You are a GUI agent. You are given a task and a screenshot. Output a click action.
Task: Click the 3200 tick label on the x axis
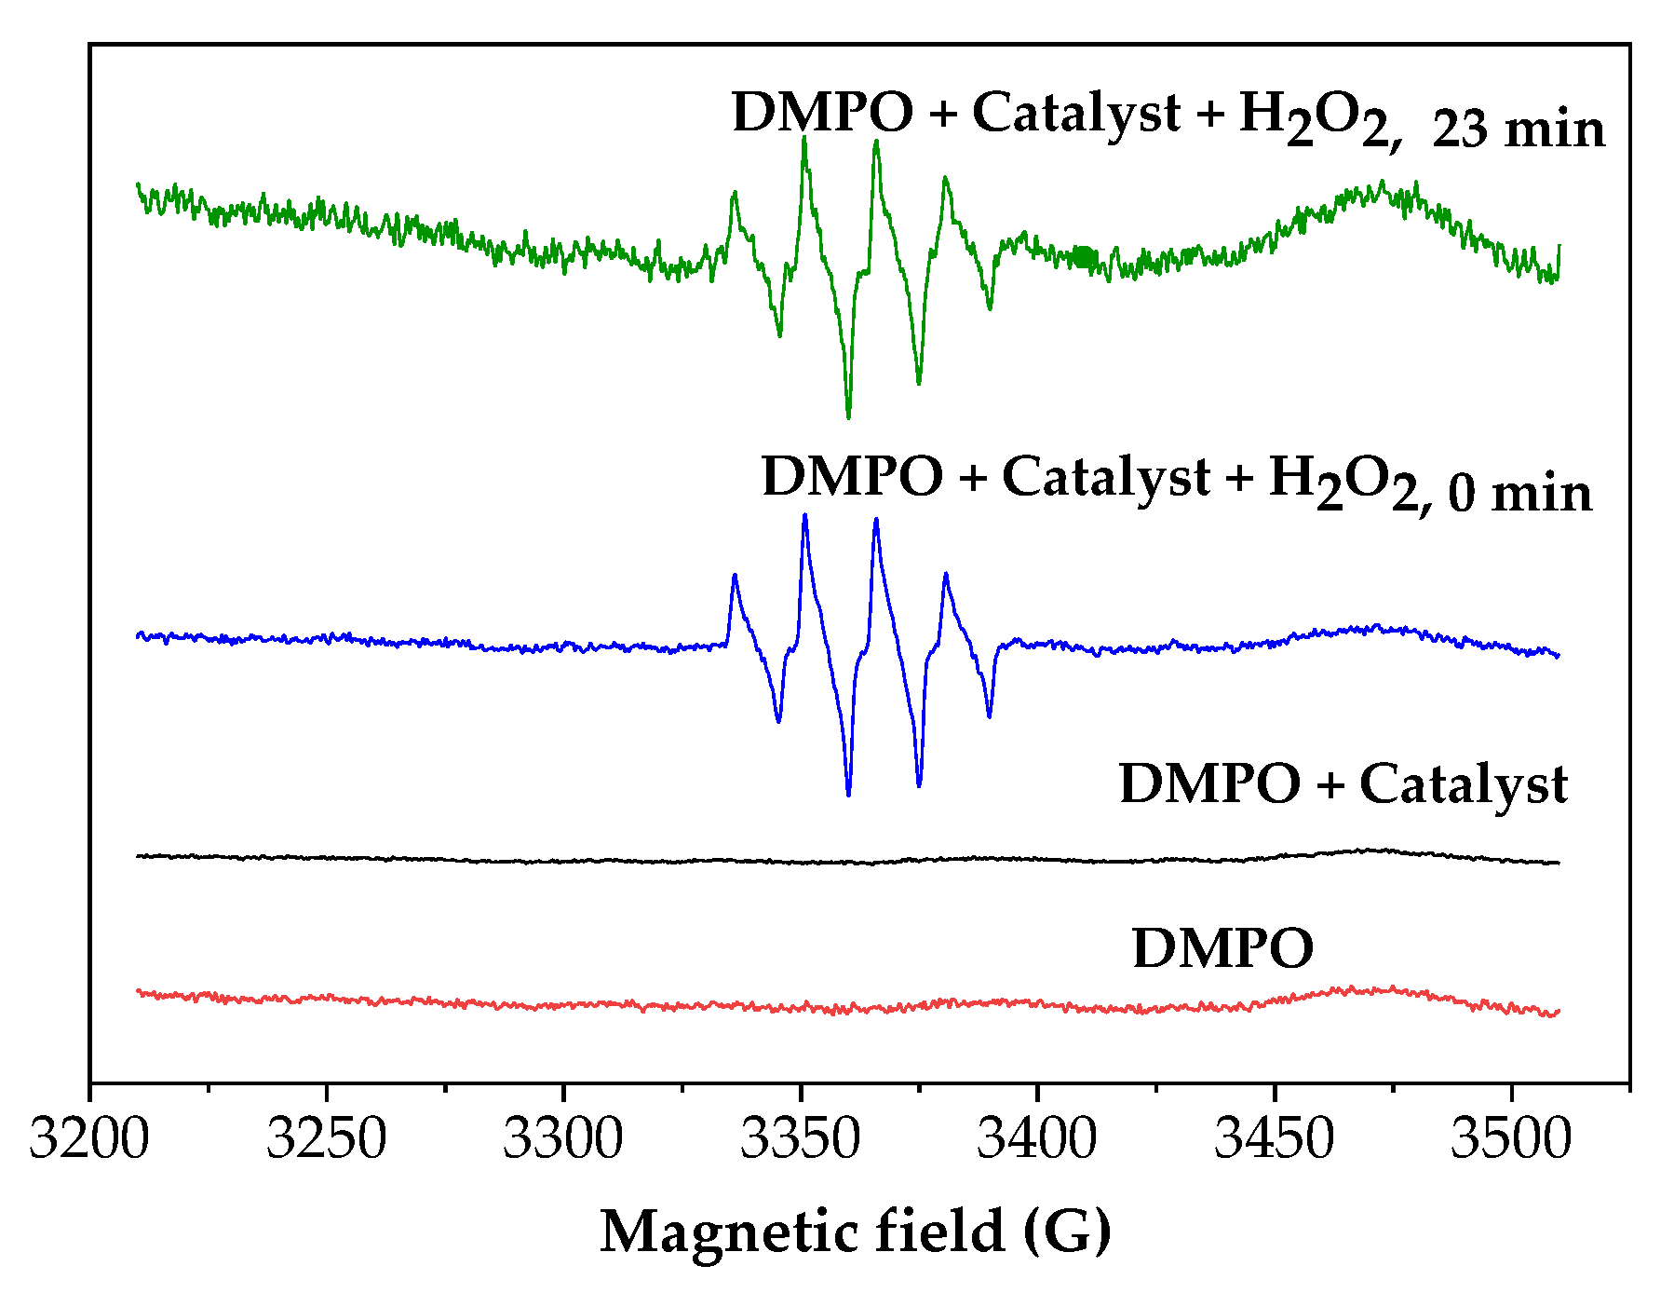[x=89, y=1138]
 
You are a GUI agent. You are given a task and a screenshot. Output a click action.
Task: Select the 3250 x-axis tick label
[x=326, y=1138]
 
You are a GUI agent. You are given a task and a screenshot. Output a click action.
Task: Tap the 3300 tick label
[x=562, y=1138]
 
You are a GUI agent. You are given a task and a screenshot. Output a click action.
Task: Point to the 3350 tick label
[x=800, y=1138]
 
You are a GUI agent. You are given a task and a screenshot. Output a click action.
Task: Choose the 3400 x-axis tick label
[x=1036, y=1138]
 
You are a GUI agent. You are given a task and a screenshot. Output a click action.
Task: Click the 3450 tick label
[x=1274, y=1138]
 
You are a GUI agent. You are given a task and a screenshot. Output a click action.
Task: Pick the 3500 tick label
[x=1510, y=1138]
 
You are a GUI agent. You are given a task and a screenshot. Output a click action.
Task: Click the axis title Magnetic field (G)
[x=855, y=1232]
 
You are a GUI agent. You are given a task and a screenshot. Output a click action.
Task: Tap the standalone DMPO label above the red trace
[x=1222, y=948]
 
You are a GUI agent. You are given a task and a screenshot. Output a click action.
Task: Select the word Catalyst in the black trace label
[x=1464, y=784]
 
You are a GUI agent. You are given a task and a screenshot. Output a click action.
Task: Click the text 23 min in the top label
[x=1519, y=129]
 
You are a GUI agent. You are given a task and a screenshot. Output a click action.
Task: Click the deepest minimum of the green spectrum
[x=848, y=417]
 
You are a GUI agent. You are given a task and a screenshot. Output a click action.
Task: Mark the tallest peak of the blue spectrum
[x=804, y=514]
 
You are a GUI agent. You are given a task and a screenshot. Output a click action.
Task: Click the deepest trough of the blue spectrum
[x=848, y=796]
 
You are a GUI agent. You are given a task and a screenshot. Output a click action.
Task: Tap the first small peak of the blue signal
[x=735, y=575]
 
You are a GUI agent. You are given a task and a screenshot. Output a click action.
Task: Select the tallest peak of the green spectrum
[x=803, y=138]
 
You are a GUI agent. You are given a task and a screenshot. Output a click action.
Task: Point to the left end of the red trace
[x=139, y=991]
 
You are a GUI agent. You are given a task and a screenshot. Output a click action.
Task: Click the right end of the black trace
[x=1558, y=863]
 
